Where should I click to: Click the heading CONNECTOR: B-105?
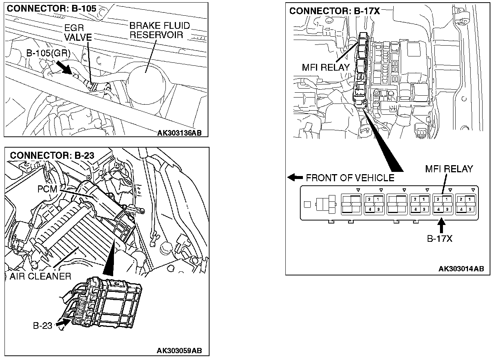(x=52, y=8)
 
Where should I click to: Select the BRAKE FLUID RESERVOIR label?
(x=160, y=30)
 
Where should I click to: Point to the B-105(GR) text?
(x=48, y=53)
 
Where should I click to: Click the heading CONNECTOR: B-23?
(x=52, y=155)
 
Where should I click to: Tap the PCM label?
(x=47, y=189)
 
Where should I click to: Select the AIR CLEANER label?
(x=40, y=277)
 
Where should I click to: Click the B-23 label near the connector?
(x=42, y=325)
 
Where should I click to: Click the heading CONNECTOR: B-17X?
(x=334, y=11)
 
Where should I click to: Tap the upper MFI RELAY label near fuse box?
(x=326, y=68)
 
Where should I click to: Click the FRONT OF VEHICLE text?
(x=350, y=178)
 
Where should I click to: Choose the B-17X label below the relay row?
(x=440, y=238)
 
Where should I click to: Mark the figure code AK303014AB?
(x=461, y=269)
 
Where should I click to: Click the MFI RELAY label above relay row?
(x=449, y=169)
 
